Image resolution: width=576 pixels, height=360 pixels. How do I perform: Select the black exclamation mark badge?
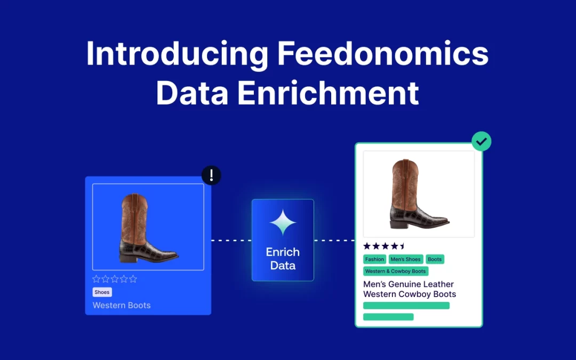[211, 175]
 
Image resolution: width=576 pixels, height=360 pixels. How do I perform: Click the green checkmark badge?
[482, 141]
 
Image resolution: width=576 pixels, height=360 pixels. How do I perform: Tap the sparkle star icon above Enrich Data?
[283, 222]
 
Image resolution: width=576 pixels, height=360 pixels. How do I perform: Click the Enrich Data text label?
[283, 259]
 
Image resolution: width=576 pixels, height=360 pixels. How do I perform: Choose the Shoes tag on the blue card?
[102, 292]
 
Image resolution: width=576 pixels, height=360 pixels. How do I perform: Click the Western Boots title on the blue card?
[122, 305]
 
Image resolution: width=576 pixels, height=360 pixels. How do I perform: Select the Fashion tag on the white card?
[374, 259]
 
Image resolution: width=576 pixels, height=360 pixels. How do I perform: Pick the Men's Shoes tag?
[405, 259]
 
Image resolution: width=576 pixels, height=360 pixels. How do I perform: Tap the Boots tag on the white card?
[435, 259]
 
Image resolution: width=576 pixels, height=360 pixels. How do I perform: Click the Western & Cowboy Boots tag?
[396, 271]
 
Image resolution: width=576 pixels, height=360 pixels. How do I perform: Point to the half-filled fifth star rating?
[402, 246]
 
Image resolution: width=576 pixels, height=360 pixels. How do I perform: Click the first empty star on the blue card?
[97, 279]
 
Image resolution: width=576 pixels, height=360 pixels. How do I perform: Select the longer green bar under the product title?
[406, 306]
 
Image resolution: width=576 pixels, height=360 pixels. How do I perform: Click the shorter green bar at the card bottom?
[388, 317]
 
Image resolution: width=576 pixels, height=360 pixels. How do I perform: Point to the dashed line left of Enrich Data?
[231, 241]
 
